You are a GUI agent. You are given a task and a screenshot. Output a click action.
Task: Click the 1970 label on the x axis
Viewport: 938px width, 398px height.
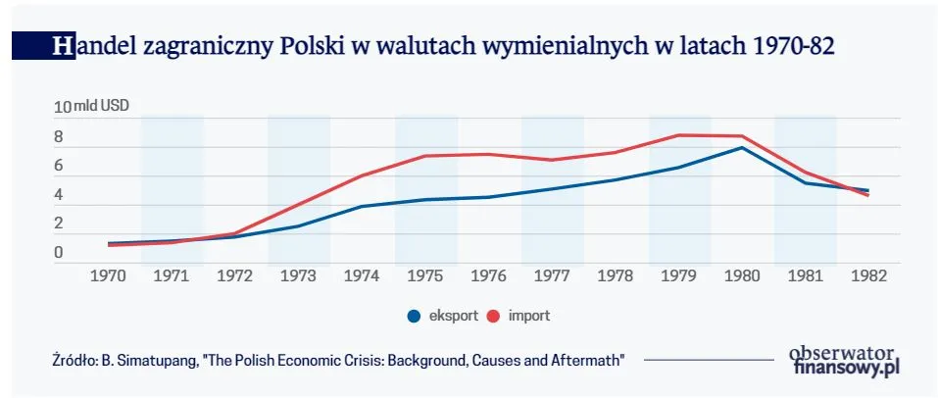pyautogui.click(x=108, y=276)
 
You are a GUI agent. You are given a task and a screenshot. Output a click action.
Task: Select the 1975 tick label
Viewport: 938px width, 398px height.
pyautogui.click(x=425, y=276)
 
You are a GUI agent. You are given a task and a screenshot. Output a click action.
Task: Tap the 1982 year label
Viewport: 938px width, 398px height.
pyautogui.click(x=868, y=276)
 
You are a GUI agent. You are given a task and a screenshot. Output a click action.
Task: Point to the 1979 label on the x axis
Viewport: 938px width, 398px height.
pyautogui.click(x=679, y=276)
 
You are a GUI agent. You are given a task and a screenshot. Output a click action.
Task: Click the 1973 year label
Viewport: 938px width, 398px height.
pyautogui.click(x=298, y=276)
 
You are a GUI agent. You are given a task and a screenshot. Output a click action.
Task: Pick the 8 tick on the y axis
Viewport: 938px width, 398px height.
pyautogui.click(x=59, y=137)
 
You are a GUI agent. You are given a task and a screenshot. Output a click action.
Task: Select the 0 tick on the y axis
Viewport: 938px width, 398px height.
pyautogui.click(x=59, y=253)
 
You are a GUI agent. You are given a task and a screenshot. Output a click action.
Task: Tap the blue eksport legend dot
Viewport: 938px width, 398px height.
pyautogui.click(x=414, y=316)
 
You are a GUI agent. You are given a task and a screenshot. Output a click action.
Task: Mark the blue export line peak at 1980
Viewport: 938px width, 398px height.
pyautogui.click(x=742, y=147)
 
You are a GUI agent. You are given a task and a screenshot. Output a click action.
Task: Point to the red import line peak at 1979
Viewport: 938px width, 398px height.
pyautogui.click(x=679, y=134)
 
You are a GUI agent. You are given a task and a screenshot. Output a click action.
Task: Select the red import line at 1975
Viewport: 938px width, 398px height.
pyautogui.click(x=425, y=156)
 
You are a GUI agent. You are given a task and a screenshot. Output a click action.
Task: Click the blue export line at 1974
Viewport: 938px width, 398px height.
pyautogui.click(x=362, y=206)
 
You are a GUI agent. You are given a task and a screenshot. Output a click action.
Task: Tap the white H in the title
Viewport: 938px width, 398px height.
pyautogui.click(x=62, y=45)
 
